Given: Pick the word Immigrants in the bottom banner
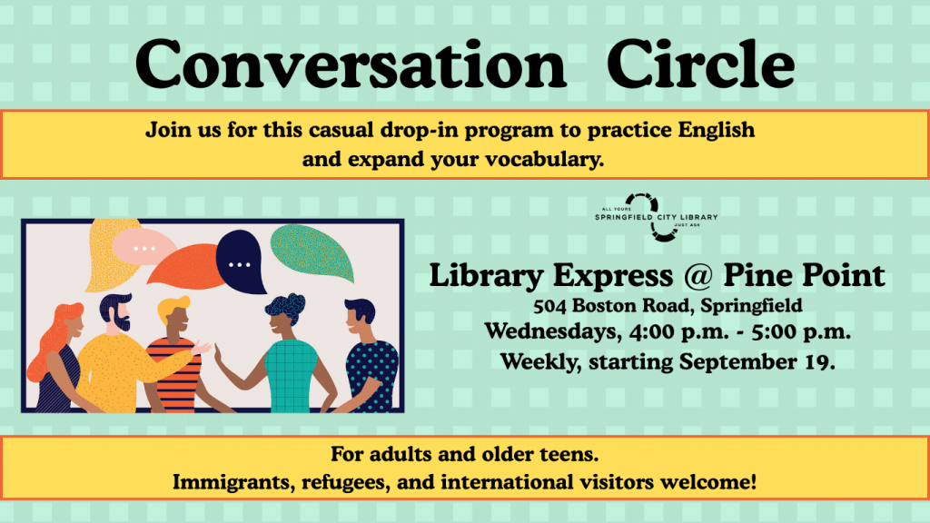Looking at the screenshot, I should click(x=225, y=481).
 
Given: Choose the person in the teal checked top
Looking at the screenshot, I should click(x=289, y=354).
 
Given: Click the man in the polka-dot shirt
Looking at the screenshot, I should click(x=368, y=359).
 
